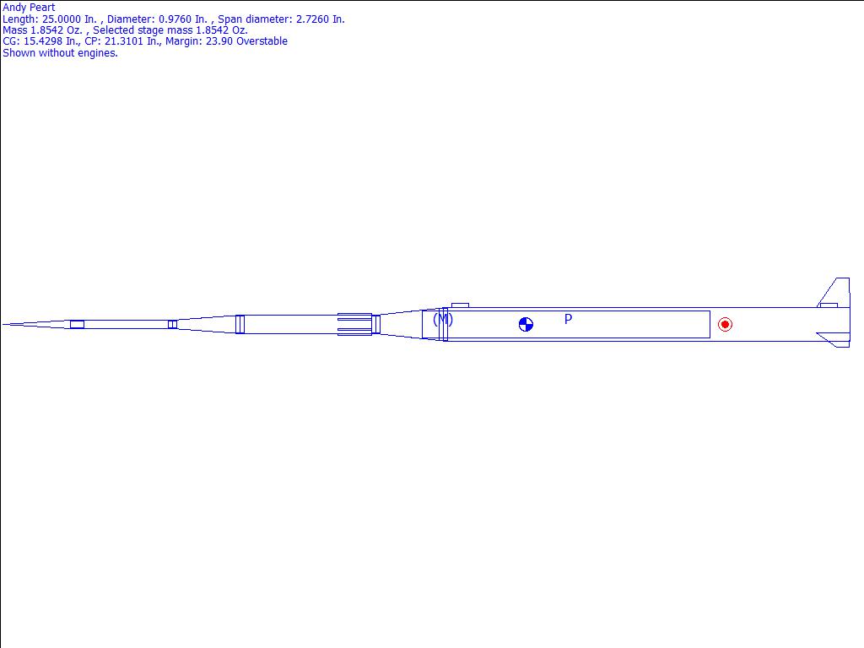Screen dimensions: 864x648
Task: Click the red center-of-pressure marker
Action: [725, 325]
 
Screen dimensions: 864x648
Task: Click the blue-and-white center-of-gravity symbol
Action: [526, 325]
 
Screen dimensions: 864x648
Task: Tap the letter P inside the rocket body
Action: [568, 319]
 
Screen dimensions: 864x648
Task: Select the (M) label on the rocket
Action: [443, 320]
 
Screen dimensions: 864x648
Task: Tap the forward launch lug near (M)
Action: [460, 305]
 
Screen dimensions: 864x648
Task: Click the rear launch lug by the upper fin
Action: [829, 305]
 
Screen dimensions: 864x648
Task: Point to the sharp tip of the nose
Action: [3, 325]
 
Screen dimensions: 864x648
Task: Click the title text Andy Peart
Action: [29, 8]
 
